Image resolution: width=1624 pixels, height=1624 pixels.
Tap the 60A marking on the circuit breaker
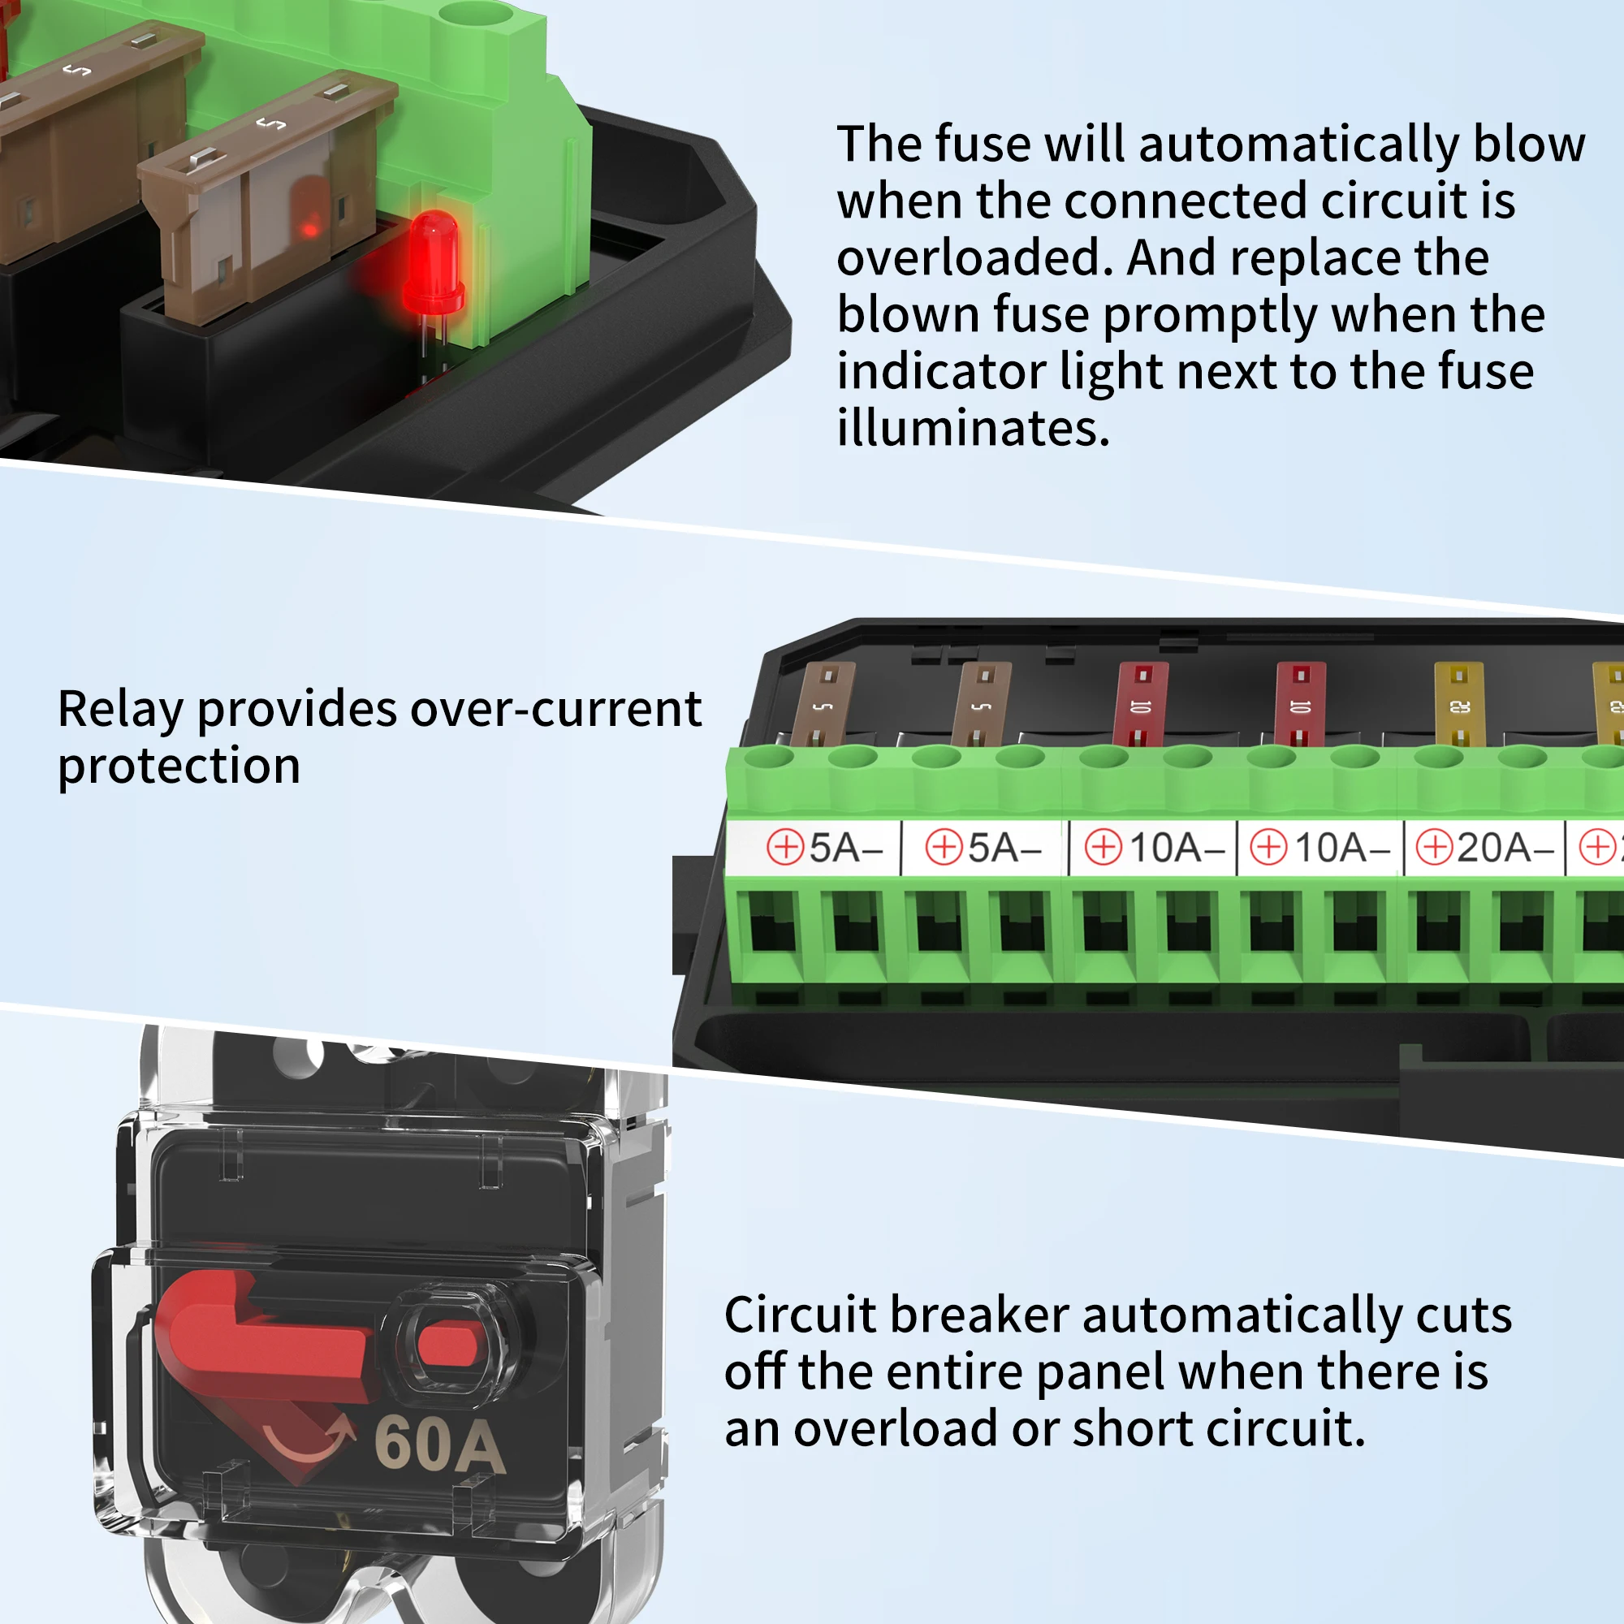[439, 1445]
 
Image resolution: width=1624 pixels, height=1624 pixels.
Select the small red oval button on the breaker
[447, 1342]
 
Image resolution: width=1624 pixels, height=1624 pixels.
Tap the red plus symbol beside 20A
[1434, 846]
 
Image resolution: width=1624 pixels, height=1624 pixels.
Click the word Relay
[120, 710]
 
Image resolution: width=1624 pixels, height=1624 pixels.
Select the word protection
[179, 767]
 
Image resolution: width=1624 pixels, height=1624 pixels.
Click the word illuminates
[974, 429]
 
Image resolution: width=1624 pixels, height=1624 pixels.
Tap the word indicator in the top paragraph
[940, 372]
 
